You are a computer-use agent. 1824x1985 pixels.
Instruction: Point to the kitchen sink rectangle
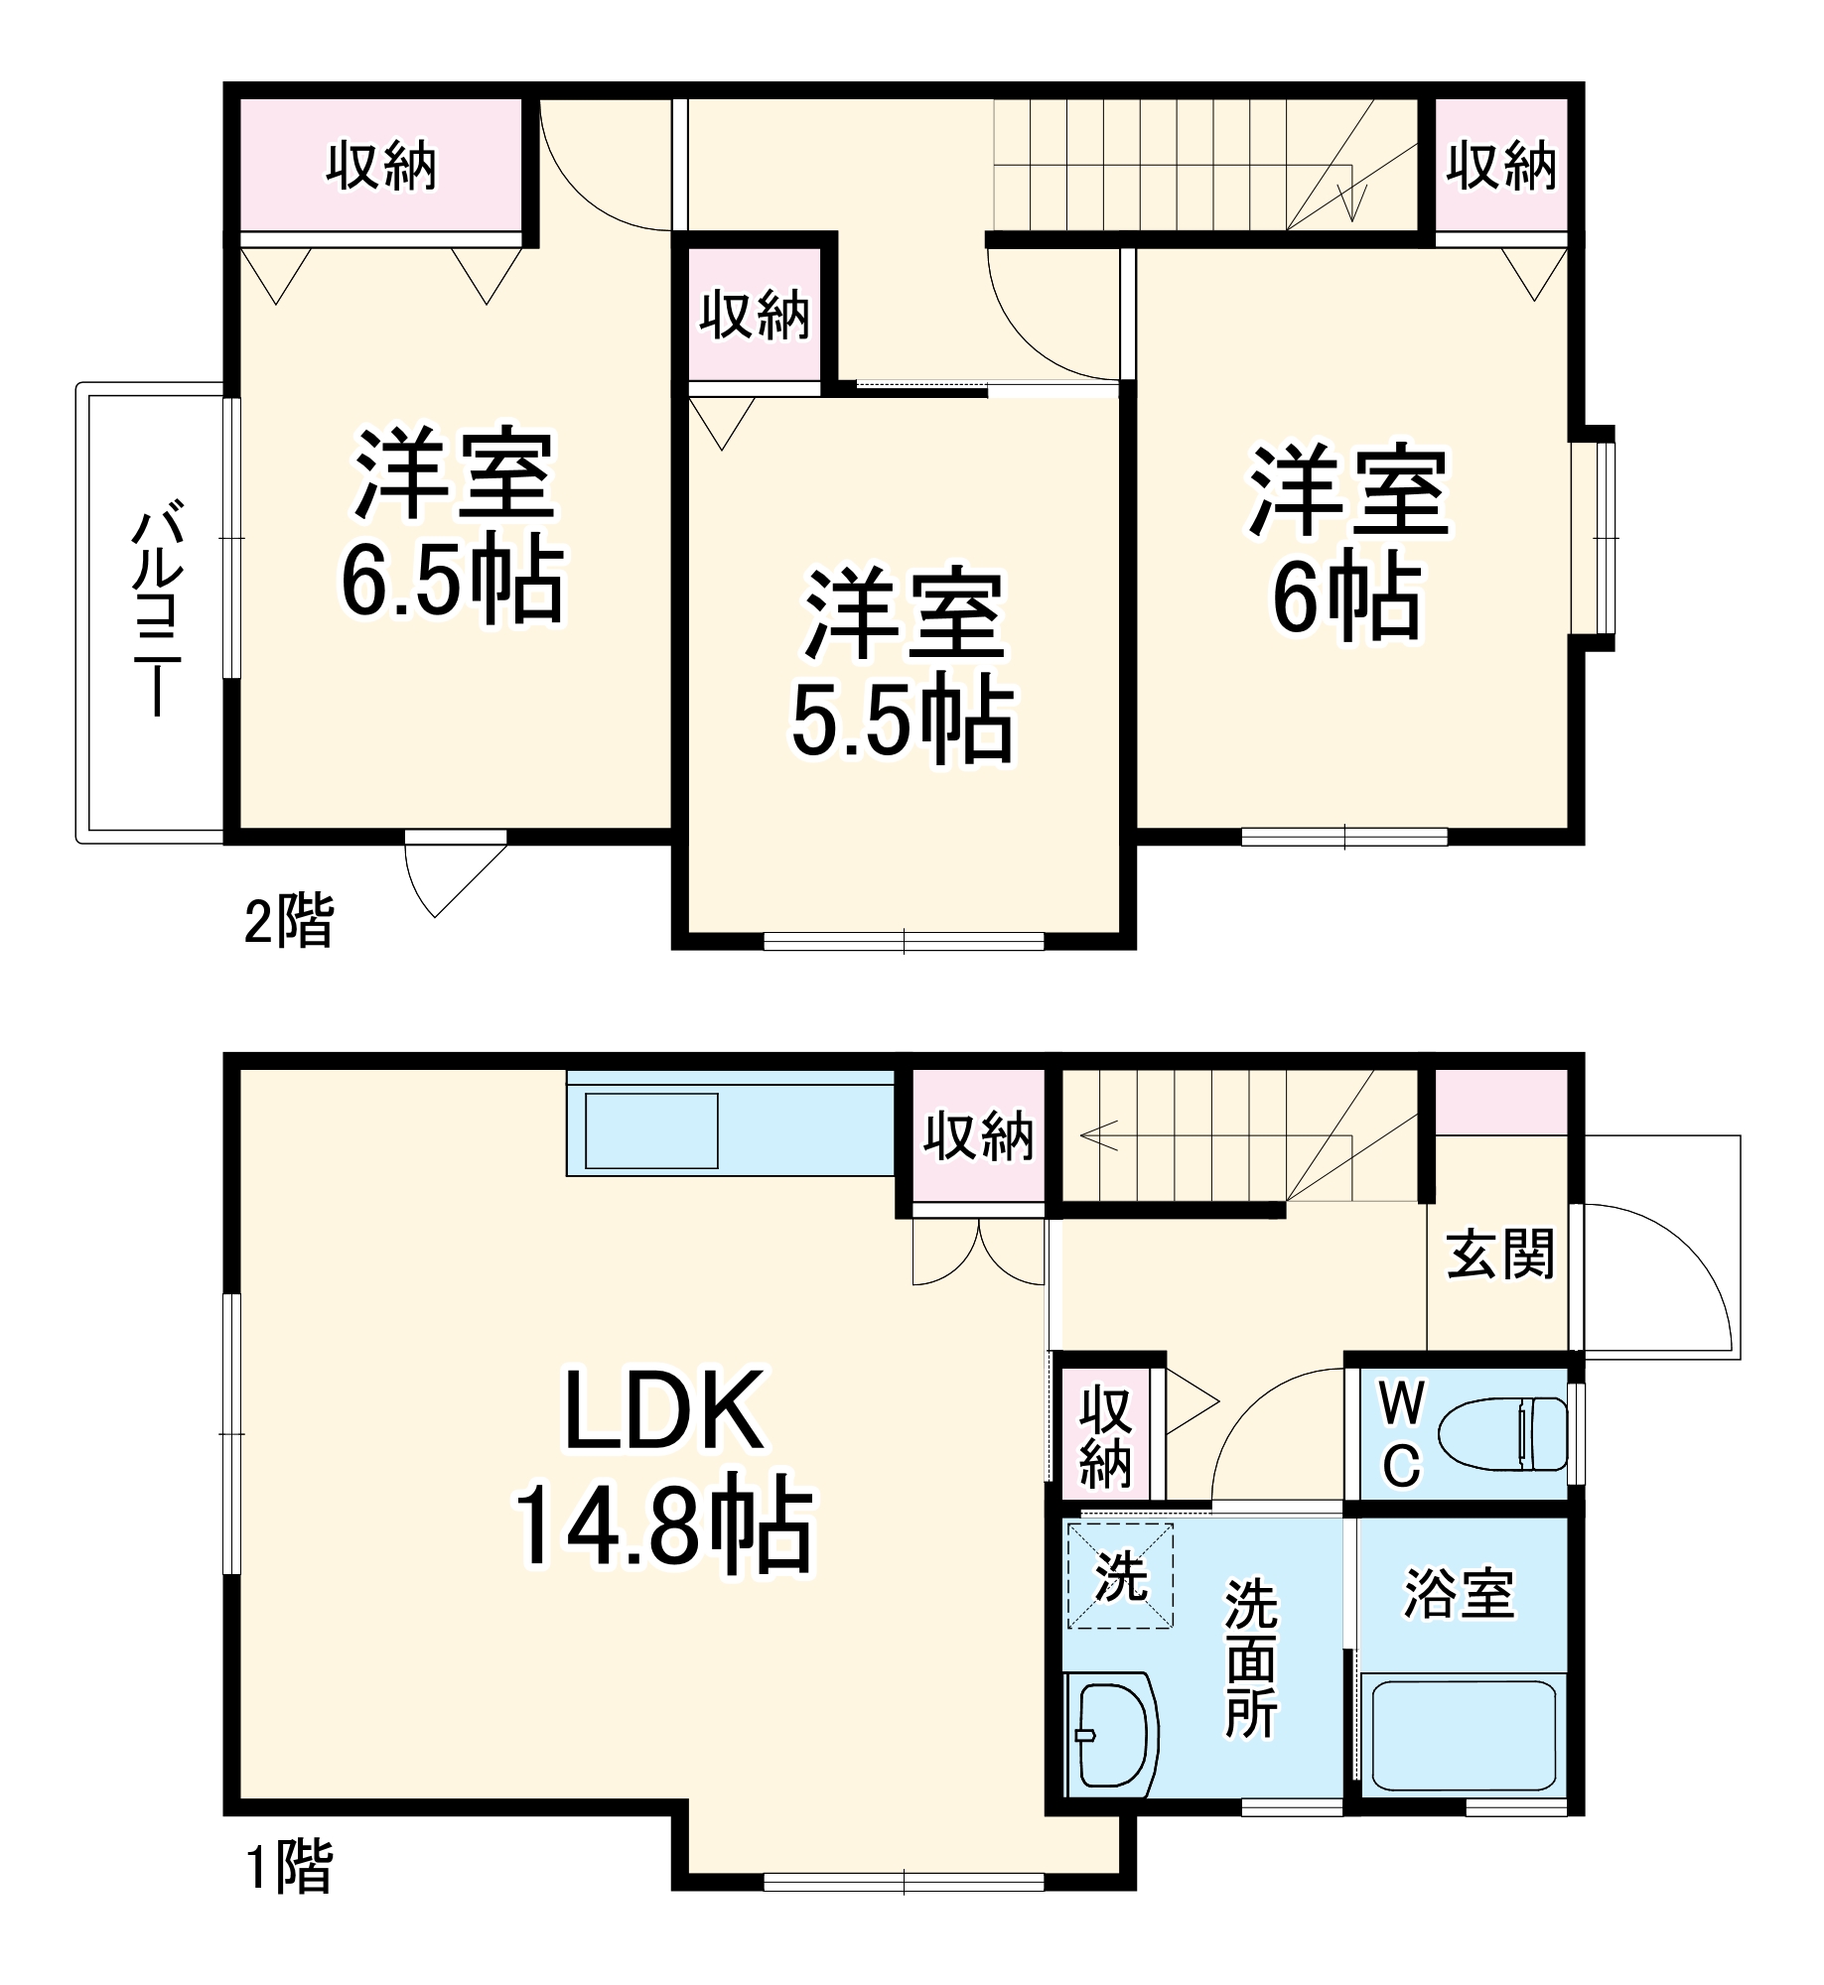[651, 1130]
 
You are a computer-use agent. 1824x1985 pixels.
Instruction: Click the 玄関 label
[1499, 1255]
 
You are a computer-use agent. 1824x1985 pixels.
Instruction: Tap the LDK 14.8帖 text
[663, 1469]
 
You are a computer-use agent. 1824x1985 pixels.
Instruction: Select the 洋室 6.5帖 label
[453, 526]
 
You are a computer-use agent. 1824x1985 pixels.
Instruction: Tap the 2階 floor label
[289, 921]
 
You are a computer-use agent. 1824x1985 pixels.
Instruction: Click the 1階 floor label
[289, 1867]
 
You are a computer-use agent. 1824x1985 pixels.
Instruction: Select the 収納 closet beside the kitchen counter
[978, 1136]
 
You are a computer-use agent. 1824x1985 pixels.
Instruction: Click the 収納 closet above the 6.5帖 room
[381, 166]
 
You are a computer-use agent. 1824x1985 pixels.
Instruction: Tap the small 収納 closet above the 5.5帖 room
[755, 317]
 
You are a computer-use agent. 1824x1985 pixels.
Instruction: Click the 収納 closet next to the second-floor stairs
[1500, 166]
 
